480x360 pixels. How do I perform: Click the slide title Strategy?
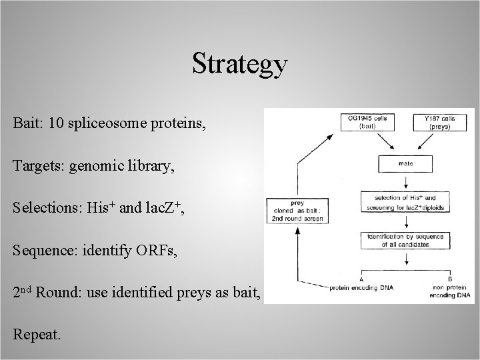pos(240,64)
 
